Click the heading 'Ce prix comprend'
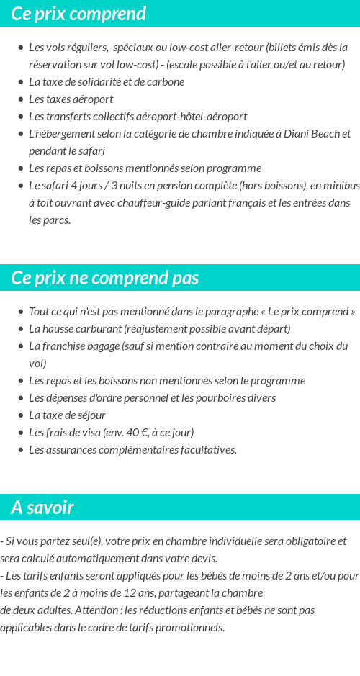(x=78, y=14)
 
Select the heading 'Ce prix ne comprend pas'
(x=105, y=278)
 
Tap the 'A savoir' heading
(x=42, y=508)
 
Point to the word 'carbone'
(x=164, y=81)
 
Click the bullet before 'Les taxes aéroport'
(x=21, y=99)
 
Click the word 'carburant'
(x=99, y=328)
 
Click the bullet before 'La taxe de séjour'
(x=21, y=415)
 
